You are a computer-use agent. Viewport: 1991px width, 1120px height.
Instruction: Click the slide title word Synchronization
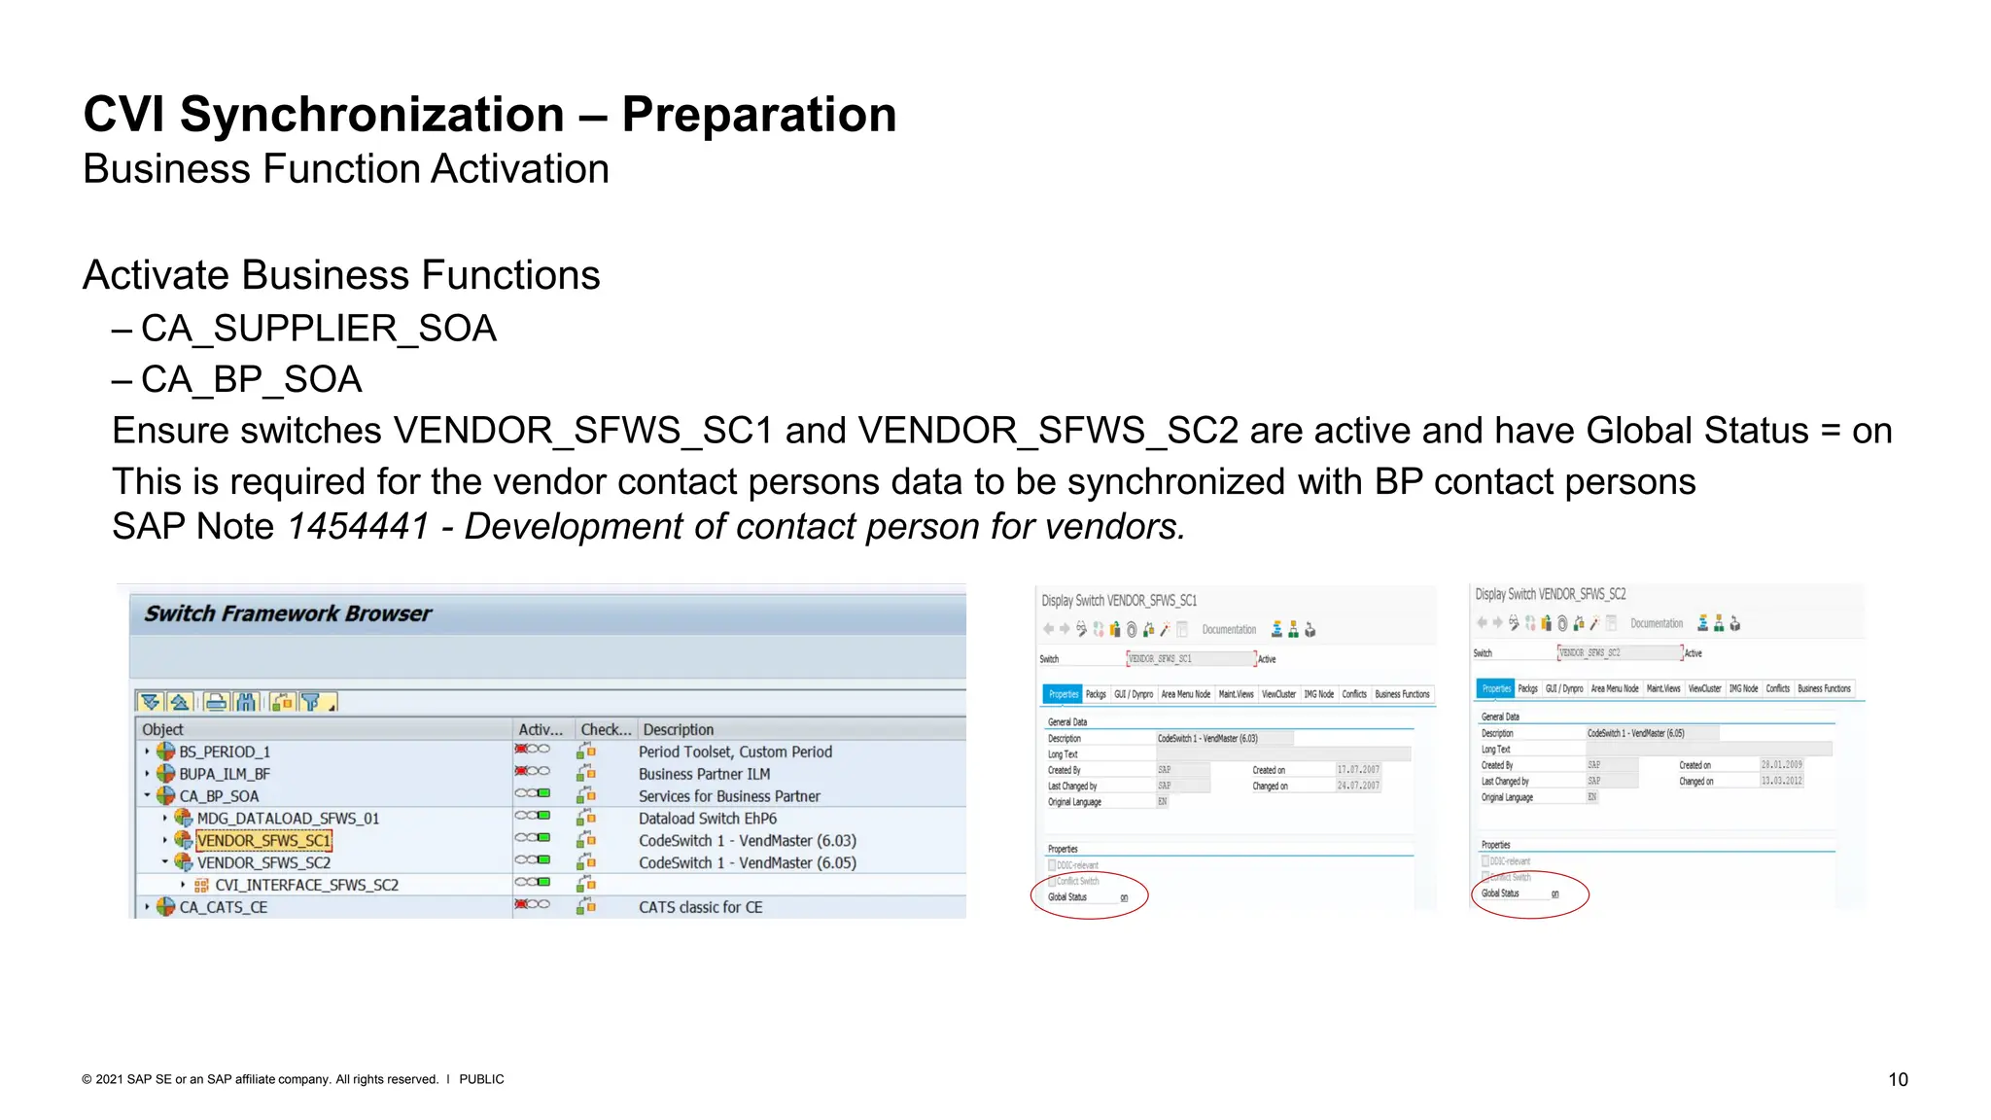(x=371, y=115)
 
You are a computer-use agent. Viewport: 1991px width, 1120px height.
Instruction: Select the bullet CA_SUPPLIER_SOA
(x=318, y=329)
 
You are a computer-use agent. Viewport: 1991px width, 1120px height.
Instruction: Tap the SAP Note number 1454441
(x=358, y=527)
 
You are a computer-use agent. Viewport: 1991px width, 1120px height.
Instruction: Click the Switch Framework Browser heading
(x=288, y=613)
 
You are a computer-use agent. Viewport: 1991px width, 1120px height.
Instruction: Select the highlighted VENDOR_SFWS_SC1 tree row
(x=263, y=841)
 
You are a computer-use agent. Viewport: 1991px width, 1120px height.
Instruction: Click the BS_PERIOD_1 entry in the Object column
(x=225, y=752)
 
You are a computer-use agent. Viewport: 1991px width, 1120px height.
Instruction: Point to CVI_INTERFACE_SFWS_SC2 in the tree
(x=306, y=885)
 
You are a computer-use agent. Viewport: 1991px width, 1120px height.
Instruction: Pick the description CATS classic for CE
(x=700, y=907)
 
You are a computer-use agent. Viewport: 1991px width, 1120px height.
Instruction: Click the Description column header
(x=678, y=729)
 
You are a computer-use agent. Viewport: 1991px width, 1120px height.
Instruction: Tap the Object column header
(x=162, y=729)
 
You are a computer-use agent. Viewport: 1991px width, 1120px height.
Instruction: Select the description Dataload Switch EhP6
(x=707, y=819)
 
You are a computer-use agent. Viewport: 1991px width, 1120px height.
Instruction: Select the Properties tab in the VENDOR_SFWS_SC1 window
(x=1063, y=694)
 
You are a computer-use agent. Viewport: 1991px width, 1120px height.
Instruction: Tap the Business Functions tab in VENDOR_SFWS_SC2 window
(x=1824, y=688)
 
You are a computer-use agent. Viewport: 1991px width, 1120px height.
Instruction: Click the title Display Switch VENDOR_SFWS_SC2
(x=1550, y=594)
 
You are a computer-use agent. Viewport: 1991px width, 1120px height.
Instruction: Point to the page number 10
(x=1898, y=1079)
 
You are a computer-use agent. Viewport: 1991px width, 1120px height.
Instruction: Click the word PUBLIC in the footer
(x=481, y=1079)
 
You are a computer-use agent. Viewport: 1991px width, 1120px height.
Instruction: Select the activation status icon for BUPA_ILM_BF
(x=532, y=772)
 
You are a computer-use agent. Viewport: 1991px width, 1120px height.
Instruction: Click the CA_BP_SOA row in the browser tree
(x=219, y=796)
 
